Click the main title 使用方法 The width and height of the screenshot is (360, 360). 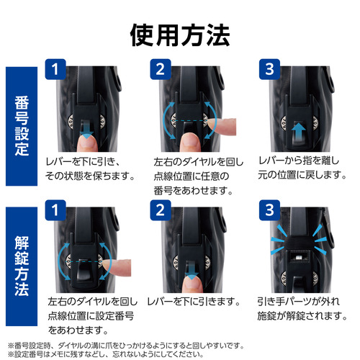coord(180,35)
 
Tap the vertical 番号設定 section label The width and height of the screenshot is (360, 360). coord(22,126)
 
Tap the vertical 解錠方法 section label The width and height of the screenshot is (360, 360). coord(22,266)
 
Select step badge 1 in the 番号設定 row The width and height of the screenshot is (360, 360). coord(55,69)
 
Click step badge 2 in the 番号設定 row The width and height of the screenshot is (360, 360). coord(161,69)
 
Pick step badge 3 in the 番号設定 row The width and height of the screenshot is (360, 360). coord(270,69)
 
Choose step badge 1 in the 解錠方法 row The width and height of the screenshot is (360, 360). coord(55,210)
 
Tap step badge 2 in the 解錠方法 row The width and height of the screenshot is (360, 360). coord(161,210)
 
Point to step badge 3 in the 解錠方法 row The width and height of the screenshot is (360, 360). coord(270,210)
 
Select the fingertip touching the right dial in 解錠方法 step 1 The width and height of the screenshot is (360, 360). coord(117,267)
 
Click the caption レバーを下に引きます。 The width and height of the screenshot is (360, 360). coord(194,302)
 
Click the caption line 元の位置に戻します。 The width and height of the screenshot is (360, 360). coord(302,174)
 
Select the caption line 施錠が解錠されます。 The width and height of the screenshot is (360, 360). coord(302,315)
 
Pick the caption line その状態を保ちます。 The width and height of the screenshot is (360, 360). coord(90,176)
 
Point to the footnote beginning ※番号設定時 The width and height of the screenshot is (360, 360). coord(126,346)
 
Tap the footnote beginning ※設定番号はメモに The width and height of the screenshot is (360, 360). coord(106,354)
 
